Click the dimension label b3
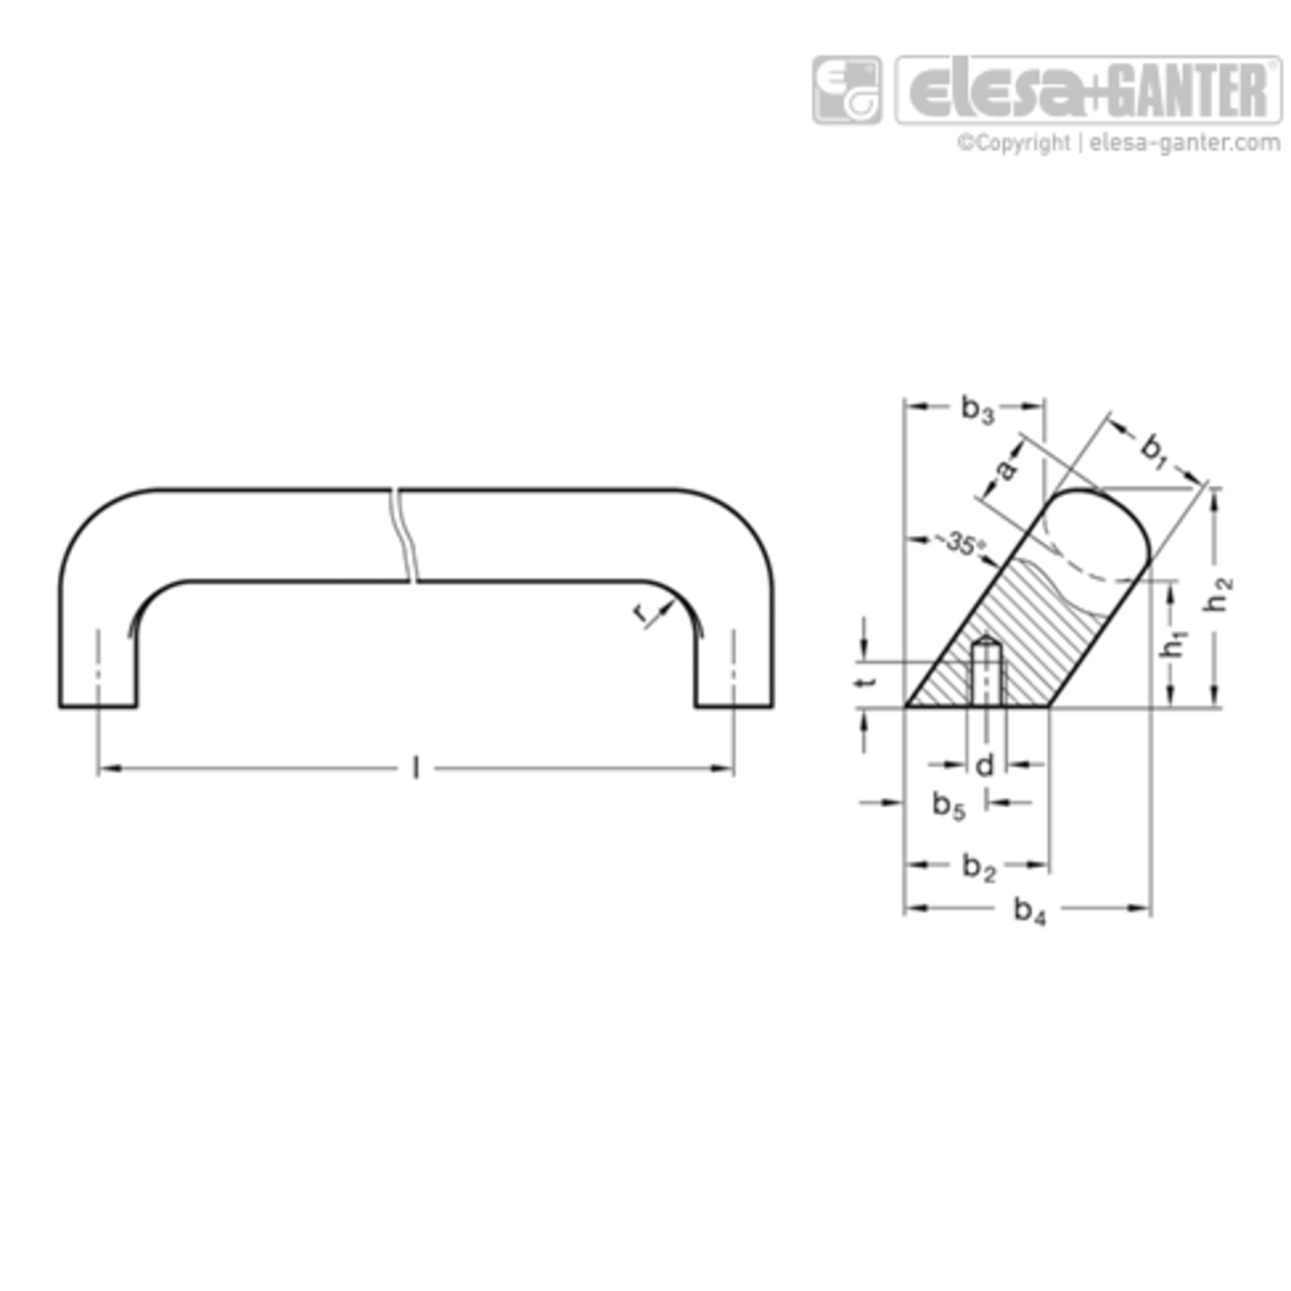[x=978, y=409]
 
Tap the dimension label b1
[x=1153, y=450]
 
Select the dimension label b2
[x=979, y=867]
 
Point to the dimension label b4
[x=1029, y=910]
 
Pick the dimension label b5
[x=949, y=806]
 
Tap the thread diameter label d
[x=985, y=764]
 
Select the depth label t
[x=869, y=680]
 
